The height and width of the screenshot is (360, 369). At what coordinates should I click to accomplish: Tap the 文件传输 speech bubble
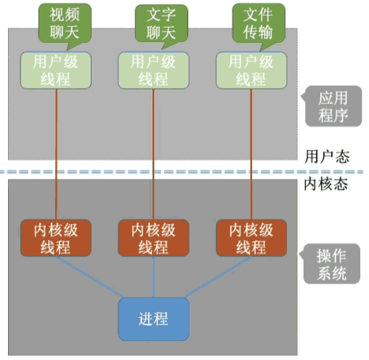(x=258, y=24)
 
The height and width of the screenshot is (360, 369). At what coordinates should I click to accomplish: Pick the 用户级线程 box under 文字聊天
(x=153, y=71)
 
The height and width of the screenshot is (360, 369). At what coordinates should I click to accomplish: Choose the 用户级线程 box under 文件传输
(x=252, y=71)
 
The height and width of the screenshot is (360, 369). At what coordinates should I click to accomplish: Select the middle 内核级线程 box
(x=153, y=238)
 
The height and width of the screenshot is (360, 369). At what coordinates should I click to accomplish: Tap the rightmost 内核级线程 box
(x=252, y=238)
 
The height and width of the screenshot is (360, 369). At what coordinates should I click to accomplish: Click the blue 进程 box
(x=153, y=319)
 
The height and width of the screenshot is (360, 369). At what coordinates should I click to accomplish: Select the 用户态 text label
(x=325, y=156)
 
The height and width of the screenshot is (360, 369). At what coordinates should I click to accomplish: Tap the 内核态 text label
(x=325, y=184)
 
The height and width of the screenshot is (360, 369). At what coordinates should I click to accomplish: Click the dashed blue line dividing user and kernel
(x=145, y=172)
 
